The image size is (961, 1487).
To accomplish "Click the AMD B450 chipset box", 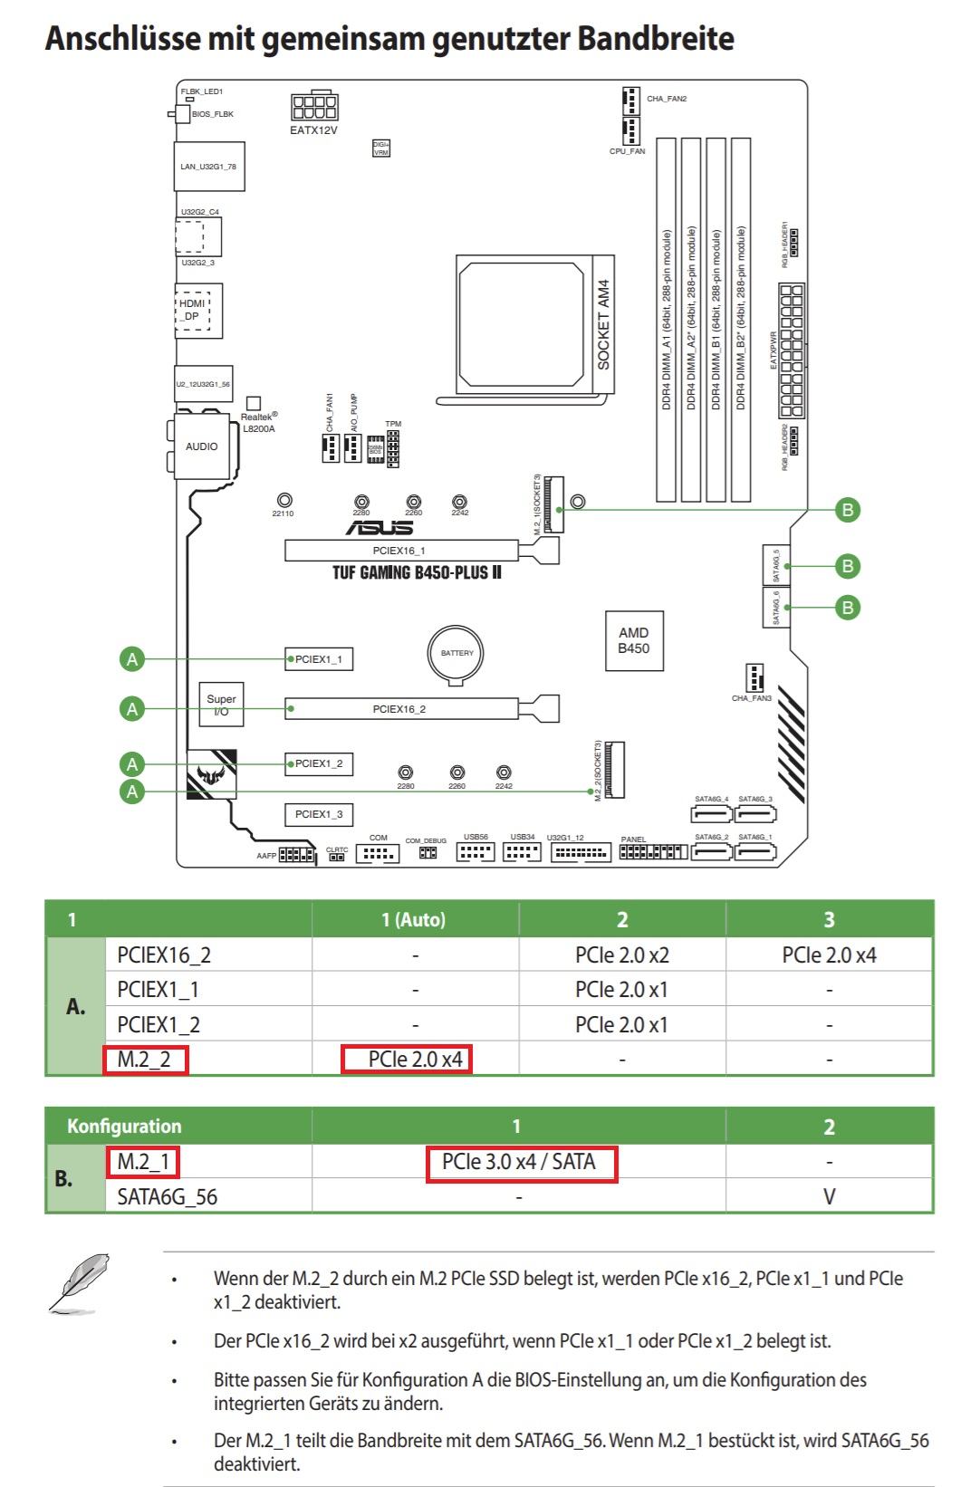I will click(x=633, y=641).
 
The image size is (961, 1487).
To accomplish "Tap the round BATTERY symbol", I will click(x=457, y=653).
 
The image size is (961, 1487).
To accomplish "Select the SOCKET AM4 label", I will click(x=604, y=324).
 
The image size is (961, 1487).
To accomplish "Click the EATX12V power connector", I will click(x=314, y=108).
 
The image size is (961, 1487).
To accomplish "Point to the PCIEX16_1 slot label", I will click(x=399, y=551).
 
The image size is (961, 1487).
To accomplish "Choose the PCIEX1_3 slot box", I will click(x=319, y=814).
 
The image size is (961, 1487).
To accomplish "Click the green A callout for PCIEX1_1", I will click(x=132, y=659).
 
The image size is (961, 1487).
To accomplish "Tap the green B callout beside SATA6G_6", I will click(x=848, y=607).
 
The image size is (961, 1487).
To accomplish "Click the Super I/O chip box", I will click(x=221, y=705).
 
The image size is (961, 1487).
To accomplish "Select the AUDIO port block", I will click(x=202, y=446).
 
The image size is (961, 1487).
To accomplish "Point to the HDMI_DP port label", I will click(x=191, y=310).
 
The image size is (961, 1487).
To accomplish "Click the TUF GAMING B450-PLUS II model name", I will click(x=417, y=573).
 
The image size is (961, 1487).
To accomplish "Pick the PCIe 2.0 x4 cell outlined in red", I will click(x=407, y=1059).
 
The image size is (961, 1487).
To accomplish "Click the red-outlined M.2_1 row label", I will click(x=143, y=1161).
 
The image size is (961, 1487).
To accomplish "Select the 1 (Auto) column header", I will click(x=414, y=920).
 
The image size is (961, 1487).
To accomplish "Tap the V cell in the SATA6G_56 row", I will click(x=829, y=1197).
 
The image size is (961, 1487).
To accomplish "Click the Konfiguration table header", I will click(x=124, y=1127).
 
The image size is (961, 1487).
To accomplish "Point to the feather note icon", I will click(x=80, y=1283).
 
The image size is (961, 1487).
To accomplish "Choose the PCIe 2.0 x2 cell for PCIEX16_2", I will click(x=622, y=955).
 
